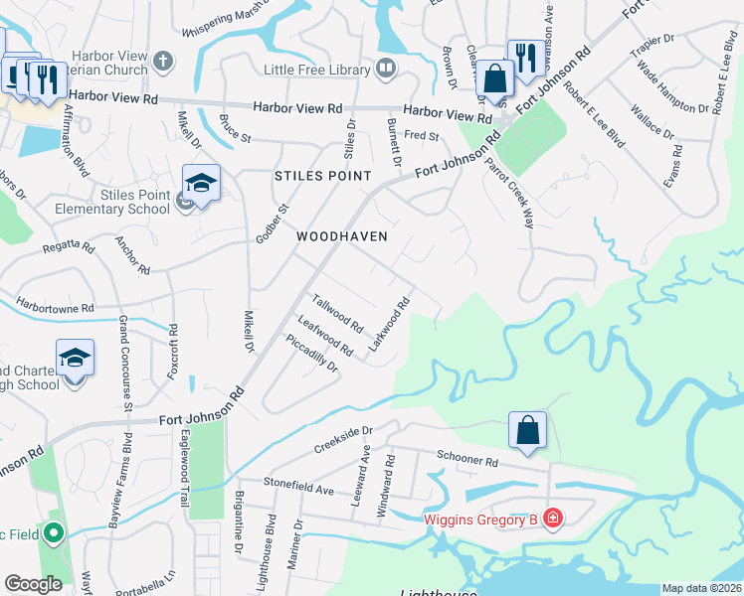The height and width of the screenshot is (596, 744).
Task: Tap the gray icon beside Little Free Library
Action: pyautogui.click(x=387, y=69)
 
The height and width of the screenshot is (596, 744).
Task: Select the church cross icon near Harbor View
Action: pyautogui.click(x=165, y=63)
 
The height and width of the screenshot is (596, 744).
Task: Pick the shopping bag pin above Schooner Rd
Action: pyautogui.click(x=528, y=430)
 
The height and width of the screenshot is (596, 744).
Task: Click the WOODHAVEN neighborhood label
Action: pyautogui.click(x=341, y=237)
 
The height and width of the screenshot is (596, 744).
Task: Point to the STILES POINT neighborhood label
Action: pyautogui.click(x=322, y=176)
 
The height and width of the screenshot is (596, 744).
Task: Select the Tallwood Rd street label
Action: pyautogui.click(x=337, y=312)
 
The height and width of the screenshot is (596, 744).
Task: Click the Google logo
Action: pyautogui.click(x=34, y=584)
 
